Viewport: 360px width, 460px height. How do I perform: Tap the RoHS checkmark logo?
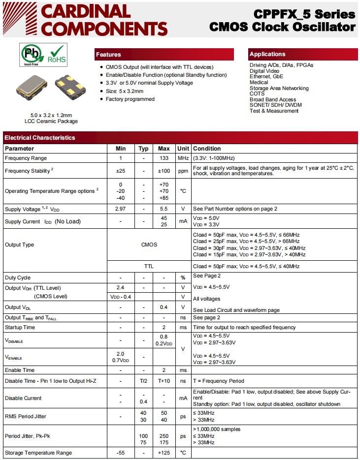(x=56, y=54)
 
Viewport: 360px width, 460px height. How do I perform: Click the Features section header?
(x=108, y=55)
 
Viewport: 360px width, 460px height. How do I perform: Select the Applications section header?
(x=267, y=54)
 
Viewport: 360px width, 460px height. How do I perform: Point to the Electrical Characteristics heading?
(x=40, y=138)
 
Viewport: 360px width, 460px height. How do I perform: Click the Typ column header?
(x=143, y=149)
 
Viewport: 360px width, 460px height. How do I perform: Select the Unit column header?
(x=183, y=149)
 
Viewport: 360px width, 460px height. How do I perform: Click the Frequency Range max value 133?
(x=164, y=158)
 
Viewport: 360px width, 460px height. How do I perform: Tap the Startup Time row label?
(x=20, y=327)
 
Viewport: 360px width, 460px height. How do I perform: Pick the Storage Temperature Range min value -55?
(x=121, y=453)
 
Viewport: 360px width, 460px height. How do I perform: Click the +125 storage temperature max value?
(x=164, y=453)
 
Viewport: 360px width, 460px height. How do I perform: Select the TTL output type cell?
(x=149, y=266)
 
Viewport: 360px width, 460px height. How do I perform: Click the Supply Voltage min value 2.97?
(x=121, y=209)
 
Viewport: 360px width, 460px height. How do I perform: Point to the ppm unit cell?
(x=183, y=171)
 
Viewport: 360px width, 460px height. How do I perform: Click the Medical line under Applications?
(x=259, y=82)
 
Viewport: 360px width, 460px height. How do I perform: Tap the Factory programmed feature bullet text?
(x=130, y=99)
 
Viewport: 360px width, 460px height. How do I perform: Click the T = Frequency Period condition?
(x=219, y=381)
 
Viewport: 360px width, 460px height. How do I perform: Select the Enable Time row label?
(x=20, y=370)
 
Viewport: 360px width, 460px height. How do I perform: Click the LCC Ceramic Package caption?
(x=51, y=121)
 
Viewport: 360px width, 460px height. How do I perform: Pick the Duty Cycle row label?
(x=18, y=277)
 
